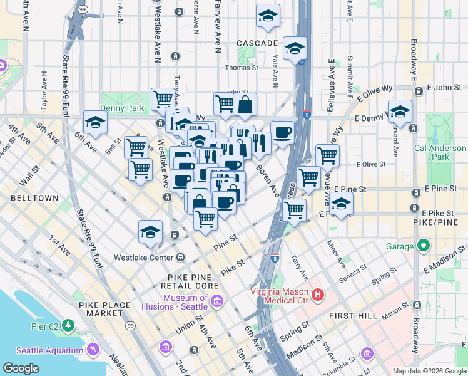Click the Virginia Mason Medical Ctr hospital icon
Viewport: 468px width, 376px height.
[318, 293]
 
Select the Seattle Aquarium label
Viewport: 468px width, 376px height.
[49, 350]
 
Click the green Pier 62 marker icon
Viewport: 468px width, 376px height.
[68, 325]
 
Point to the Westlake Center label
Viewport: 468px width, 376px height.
[142, 257]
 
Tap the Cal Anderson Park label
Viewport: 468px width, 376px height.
[440, 152]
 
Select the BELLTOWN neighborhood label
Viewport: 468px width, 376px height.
[34, 197]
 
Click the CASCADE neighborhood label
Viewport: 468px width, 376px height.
[257, 43]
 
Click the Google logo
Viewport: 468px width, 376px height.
[21, 368]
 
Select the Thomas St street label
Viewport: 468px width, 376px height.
[242, 67]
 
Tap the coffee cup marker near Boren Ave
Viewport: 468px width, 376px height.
[282, 132]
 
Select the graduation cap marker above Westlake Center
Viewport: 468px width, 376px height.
[150, 231]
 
